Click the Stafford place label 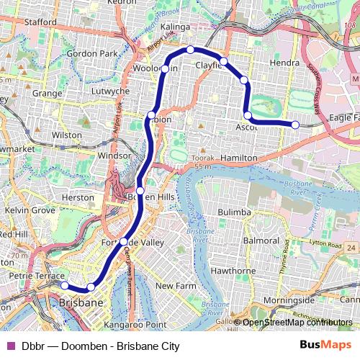click(x=40, y=22)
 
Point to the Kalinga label click(x=175, y=27)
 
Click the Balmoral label click(x=261, y=239)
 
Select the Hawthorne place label click(x=232, y=271)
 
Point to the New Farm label click(x=176, y=286)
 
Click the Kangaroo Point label click(x=130, y=325)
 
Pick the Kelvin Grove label click(x=30, y=210)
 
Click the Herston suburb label click(x=78, y=197)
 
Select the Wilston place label click(x=67, y=135)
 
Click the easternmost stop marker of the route click(x=295, y=125)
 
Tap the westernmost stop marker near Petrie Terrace click(x=64, y=285)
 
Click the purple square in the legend click(x=10, y=346)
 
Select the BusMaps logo click(x=325, y=345)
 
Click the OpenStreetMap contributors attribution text click(x=297, y=323)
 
